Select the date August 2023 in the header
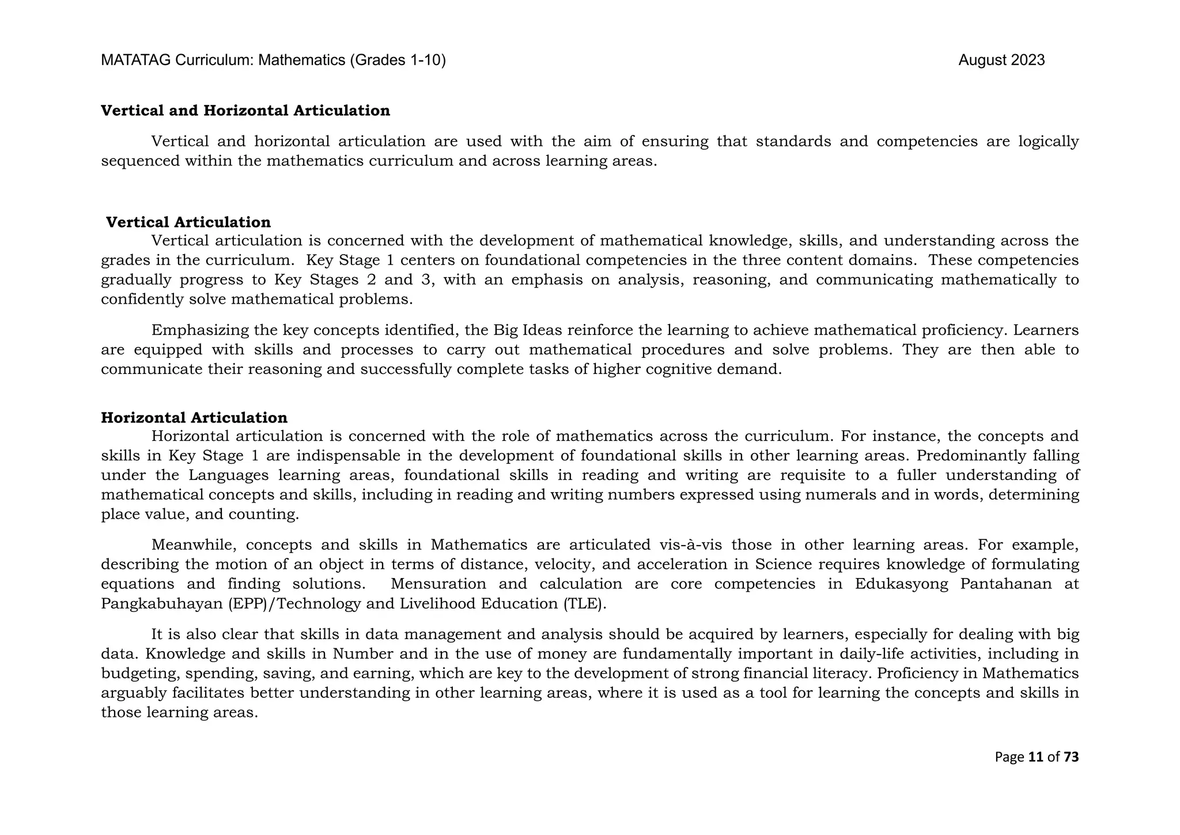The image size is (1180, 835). click(x=1001, y=61)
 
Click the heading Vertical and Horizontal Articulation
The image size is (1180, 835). click(x=245, y=111)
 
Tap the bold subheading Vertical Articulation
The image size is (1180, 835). click(x=188, y=222)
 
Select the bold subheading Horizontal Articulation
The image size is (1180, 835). click(x=194, y=418)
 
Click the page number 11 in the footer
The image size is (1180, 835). click(x=1035, y=757)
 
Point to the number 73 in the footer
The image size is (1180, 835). click(x=1071, y=757)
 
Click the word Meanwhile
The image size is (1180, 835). click(x=190, y=545)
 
